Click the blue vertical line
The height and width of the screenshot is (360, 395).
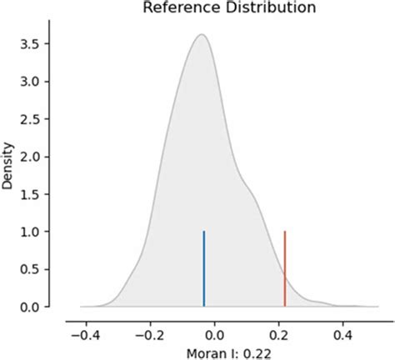click(x=204, y=268)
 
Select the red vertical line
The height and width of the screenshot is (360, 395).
click(x=285, y=268)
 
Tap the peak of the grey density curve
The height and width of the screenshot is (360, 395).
click(x=202, y=36)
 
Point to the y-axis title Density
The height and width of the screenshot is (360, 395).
click(x=9, y=169)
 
